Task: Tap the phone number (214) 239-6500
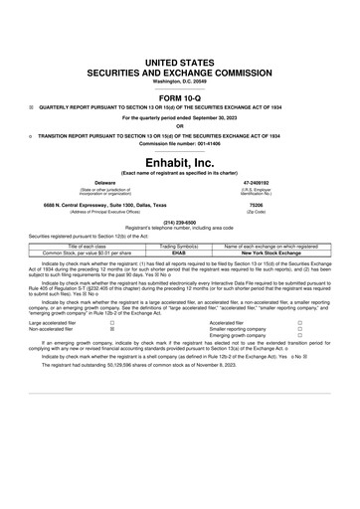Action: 180,222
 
